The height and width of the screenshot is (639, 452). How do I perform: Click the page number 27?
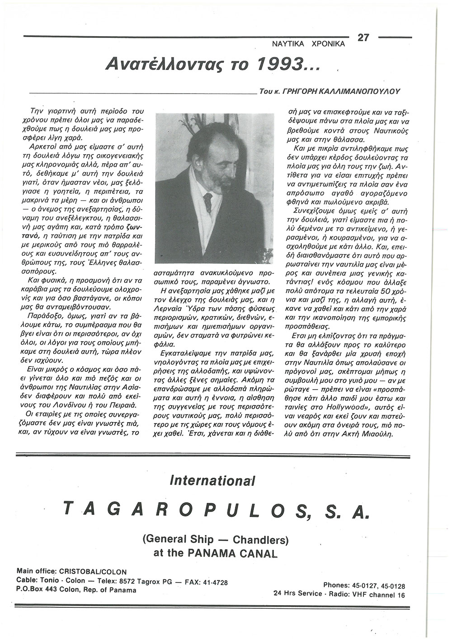(364, 38)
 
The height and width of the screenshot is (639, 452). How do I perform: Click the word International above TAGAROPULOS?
(212, 479)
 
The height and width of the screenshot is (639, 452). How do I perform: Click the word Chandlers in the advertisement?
(260, 539)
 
